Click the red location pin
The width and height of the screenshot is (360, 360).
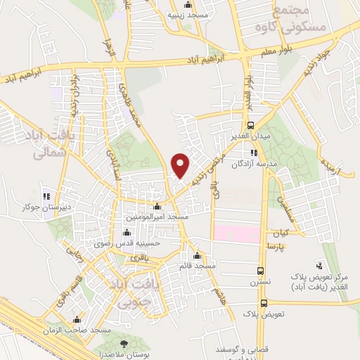pos(181,165)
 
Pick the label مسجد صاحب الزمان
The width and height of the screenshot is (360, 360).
pos(83,330)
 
